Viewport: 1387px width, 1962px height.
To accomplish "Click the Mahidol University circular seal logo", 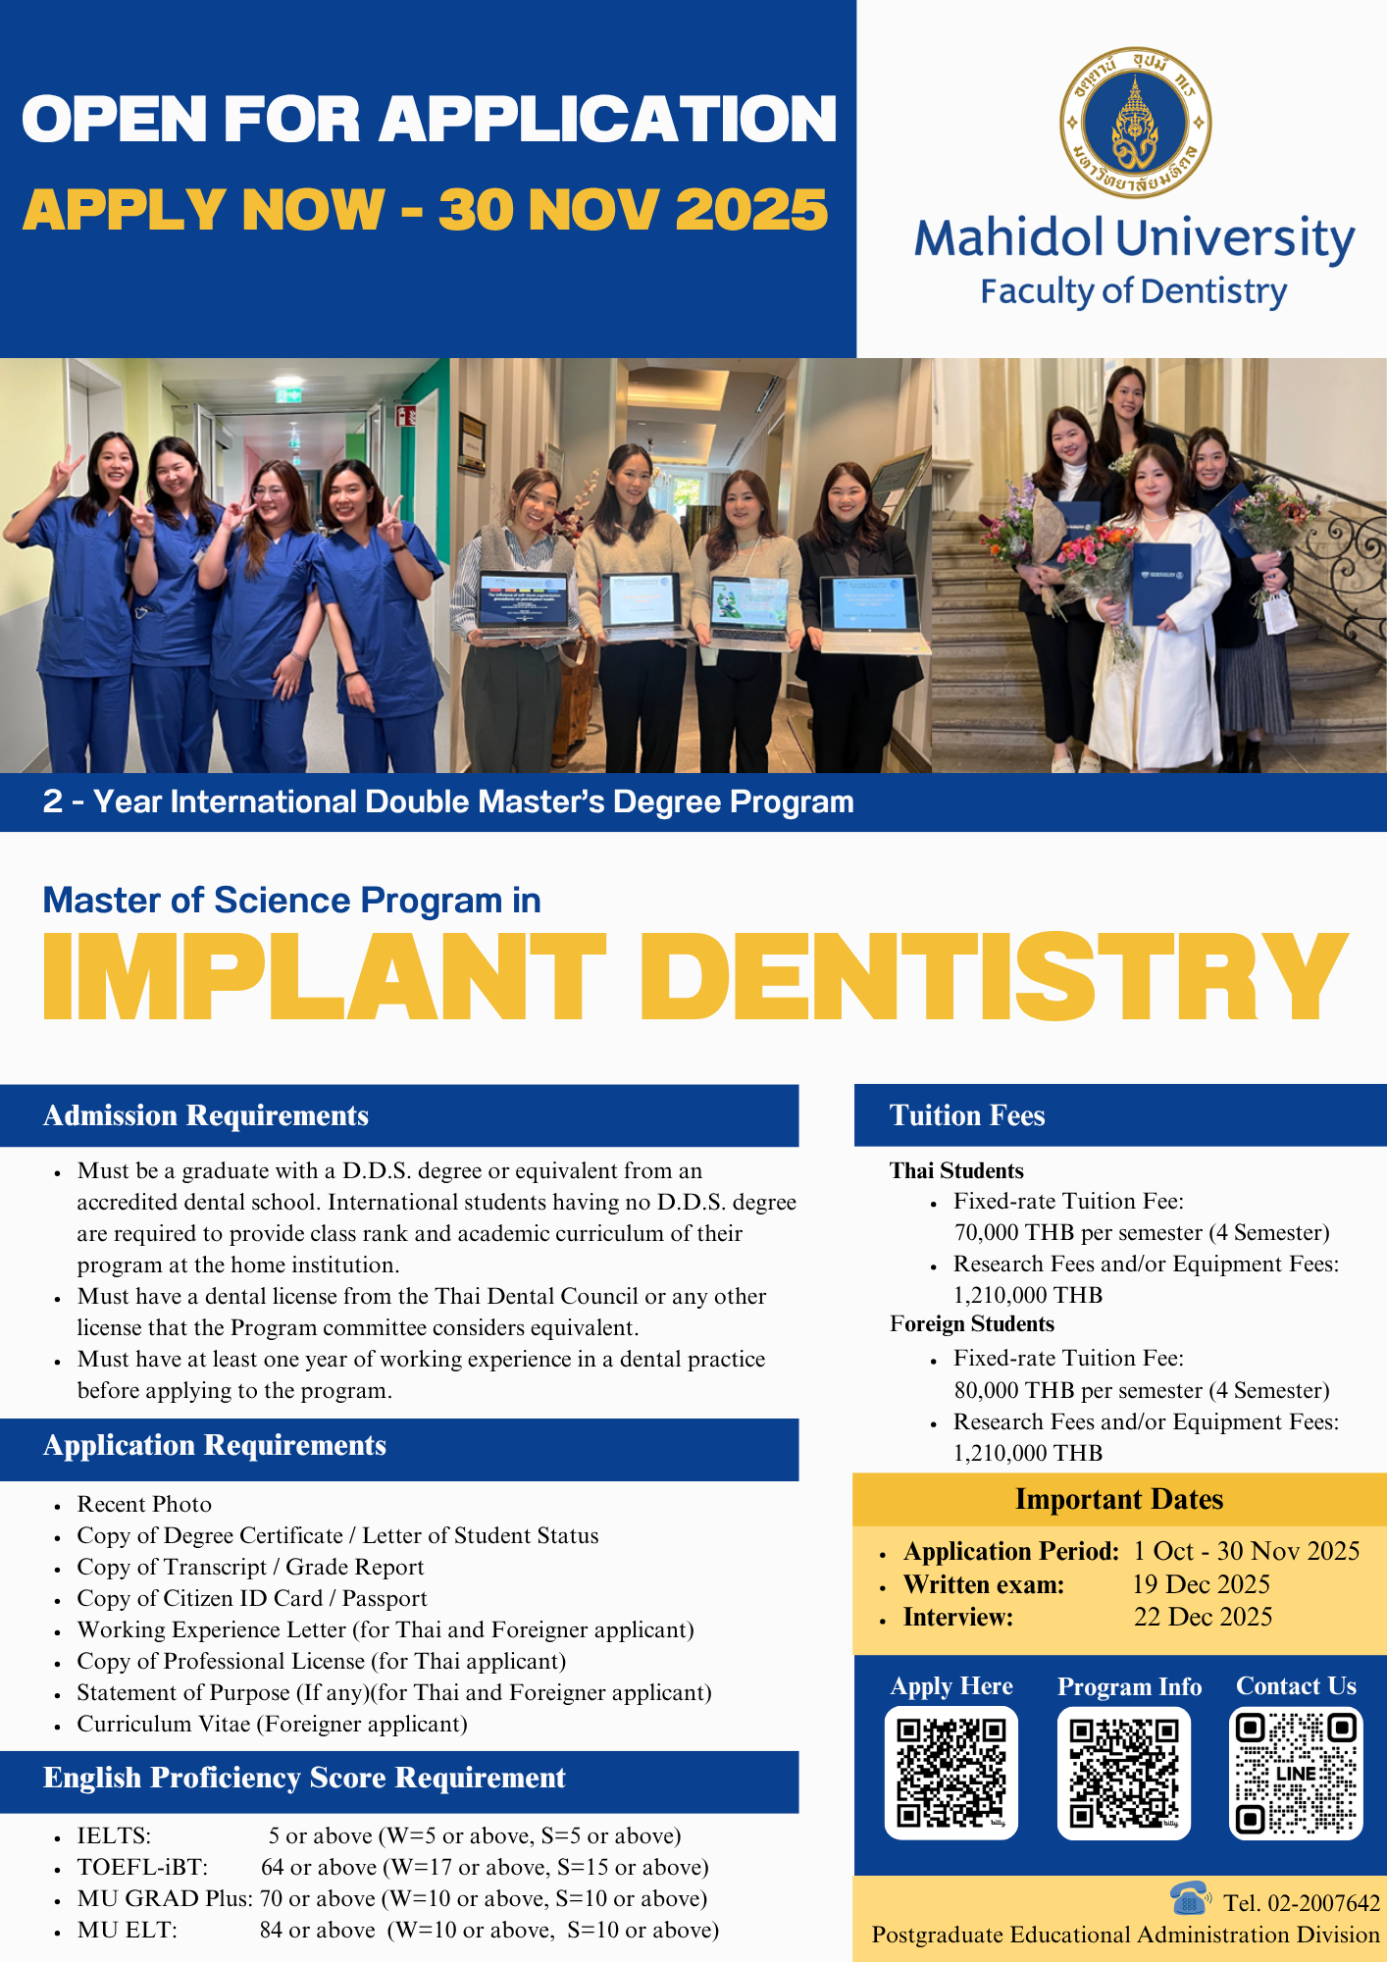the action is click(x=1135, y=124).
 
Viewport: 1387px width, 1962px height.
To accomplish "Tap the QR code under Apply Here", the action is click(x=951, y=1773).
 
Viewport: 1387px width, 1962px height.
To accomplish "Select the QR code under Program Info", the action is click(x=1124, y=1773).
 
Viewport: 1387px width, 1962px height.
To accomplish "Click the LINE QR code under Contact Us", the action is click(x=1296, y=1773).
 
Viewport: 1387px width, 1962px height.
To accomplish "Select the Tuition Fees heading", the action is click(x=967, y=1115).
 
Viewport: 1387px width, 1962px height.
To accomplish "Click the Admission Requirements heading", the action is click(x=206, y=1115).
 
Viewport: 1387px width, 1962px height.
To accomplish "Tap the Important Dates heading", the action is click(x=1119, y=1499).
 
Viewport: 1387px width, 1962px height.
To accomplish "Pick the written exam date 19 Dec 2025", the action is click(x=1201, y=1584).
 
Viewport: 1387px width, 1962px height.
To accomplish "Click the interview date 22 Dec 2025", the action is click(x=1203, y=1617).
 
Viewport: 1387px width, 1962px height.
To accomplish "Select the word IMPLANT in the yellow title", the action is click(x=325, y=976).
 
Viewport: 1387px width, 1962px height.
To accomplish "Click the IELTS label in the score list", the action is click(x=114, y=1835).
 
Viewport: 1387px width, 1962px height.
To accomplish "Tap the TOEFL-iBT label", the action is click(x=143, y=1867).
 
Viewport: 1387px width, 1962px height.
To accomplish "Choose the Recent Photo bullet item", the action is click(x=144, y=1504).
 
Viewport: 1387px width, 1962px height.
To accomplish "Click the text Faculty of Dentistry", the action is click(x=1134, y=291).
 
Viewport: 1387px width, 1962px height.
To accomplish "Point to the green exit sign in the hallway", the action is click(x=288, y=396).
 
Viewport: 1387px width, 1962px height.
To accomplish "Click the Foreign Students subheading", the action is click(x=972, y=1323).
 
